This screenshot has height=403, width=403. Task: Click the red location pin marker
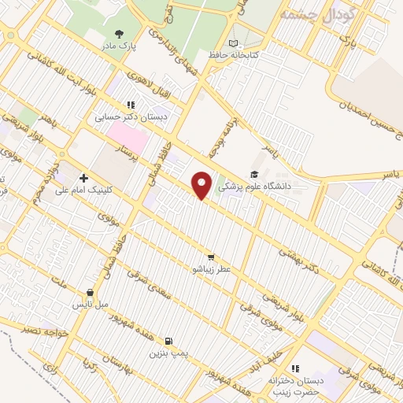pos(203,186)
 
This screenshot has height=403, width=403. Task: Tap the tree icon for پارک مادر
pos(119,34)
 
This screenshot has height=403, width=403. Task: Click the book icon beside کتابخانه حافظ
pos(231,43)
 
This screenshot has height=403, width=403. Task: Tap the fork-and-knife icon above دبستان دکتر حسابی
pos(131,104)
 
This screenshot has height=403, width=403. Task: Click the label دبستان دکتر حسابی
pos(131,116)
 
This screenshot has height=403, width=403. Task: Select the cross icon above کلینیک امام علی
pos(83,177)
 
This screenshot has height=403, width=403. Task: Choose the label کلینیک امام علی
pos(83,190)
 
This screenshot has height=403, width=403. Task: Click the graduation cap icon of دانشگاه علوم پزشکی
pos(253,175)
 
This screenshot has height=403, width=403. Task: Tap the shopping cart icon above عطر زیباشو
pos(210,257)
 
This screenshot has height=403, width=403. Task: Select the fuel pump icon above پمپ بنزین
pos(168,341)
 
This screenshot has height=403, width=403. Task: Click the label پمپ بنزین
pos(168,353)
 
